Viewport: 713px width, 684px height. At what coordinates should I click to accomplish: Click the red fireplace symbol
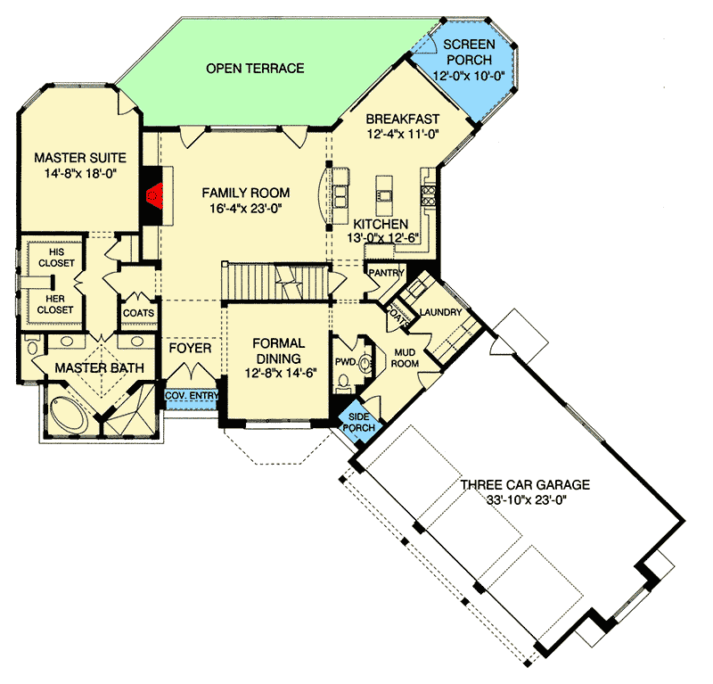coord(154,195)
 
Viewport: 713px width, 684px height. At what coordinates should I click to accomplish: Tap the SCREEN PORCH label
coord(470,53)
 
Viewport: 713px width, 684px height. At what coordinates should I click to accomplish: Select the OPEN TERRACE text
coord(255,69)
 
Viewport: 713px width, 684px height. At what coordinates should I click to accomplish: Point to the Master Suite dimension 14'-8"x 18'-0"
coord(80,173)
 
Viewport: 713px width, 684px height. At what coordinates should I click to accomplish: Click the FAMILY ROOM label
coord(246,193)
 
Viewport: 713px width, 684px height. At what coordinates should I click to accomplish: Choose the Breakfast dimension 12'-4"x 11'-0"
coord(403,135)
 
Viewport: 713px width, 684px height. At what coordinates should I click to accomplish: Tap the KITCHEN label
coord(381,224)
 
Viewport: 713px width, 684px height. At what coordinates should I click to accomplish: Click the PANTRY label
coord(386,273)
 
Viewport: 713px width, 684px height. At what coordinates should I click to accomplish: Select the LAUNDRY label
coord(440,312)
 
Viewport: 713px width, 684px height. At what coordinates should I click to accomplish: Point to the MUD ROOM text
coord(405,358)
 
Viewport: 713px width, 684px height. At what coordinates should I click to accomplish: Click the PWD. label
coord(346,362)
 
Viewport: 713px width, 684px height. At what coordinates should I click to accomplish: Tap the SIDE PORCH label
coord(359,423)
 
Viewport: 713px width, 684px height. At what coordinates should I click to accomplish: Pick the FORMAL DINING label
coord(279,350)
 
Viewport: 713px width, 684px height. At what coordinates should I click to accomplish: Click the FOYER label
coord(190,348)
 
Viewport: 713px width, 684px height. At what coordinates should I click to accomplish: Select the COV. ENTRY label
coord(192,396)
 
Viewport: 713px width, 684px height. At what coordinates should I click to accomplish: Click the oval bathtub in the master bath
coord(69,416)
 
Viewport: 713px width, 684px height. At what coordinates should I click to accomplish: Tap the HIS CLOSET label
coord(56,258)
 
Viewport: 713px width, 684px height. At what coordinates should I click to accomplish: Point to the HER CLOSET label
coord(55,304)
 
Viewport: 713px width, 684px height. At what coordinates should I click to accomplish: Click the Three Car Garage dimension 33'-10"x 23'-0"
coord(526,500)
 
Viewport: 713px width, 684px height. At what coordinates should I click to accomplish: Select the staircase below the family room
coord(275,282)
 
